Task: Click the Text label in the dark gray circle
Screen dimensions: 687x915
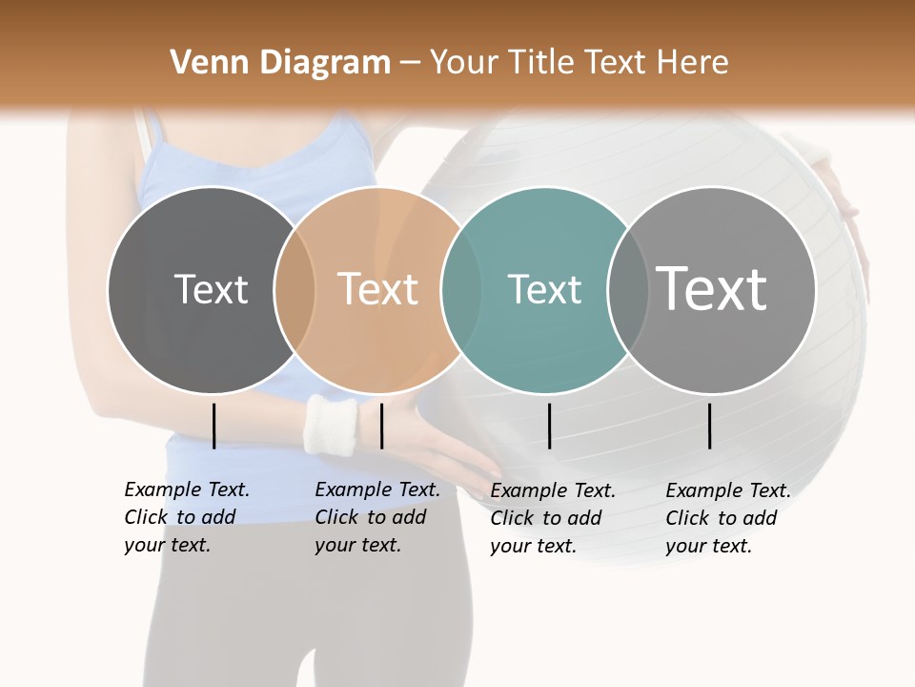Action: point(211,289)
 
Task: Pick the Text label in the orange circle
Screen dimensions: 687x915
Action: point(378,289)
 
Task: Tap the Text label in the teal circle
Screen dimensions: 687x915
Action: point(544,289)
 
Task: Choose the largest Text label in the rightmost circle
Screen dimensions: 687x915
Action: point(712,289)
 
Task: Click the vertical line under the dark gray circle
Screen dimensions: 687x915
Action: point(214,426)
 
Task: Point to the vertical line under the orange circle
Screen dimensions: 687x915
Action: point(381,426)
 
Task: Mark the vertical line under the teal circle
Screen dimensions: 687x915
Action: point(550,426)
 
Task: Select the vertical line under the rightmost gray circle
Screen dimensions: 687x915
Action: point(710,426)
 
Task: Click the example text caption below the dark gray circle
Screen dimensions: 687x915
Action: point(187,517)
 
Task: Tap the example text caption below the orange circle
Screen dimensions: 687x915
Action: point(377,517)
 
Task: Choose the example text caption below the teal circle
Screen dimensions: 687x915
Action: point(553,518)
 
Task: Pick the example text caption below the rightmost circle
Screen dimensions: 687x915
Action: point(728,518)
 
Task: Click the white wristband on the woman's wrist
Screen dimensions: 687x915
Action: point(331,425)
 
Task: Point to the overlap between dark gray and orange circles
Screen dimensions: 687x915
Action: point(295,289)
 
